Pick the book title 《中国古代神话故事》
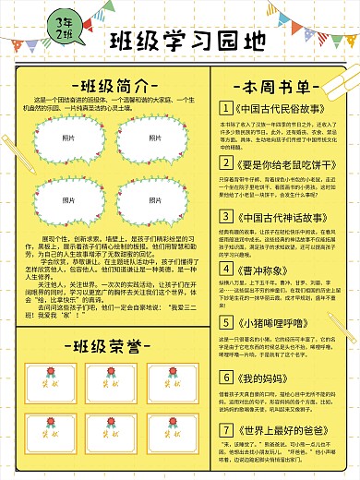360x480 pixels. [x=273, y=219]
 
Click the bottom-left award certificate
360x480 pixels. [x=42, y=430]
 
